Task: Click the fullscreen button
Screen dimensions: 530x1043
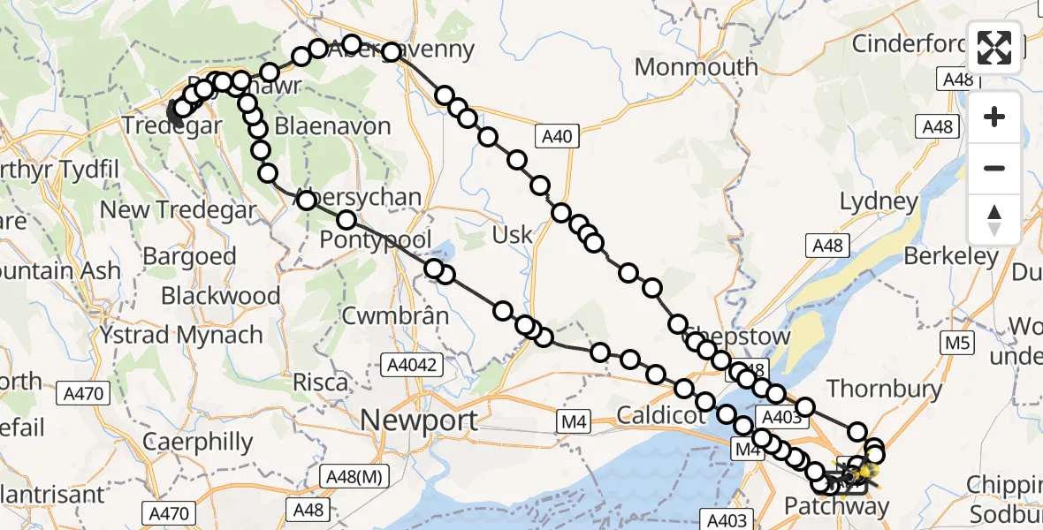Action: coord(994,47)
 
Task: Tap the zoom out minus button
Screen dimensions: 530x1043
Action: coord(994,168)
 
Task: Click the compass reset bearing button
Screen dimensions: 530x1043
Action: coord(994,219)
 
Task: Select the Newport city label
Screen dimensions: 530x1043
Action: coord(421,420)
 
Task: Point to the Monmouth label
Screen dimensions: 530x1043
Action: coord(697,67)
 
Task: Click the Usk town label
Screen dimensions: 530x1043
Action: coord(513,235)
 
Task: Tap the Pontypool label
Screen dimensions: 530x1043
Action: coord(376,239)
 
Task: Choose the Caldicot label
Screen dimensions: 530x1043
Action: coord(654,413)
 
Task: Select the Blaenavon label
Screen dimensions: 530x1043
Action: coord(332,126)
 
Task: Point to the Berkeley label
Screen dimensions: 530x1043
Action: coord(950,257)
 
